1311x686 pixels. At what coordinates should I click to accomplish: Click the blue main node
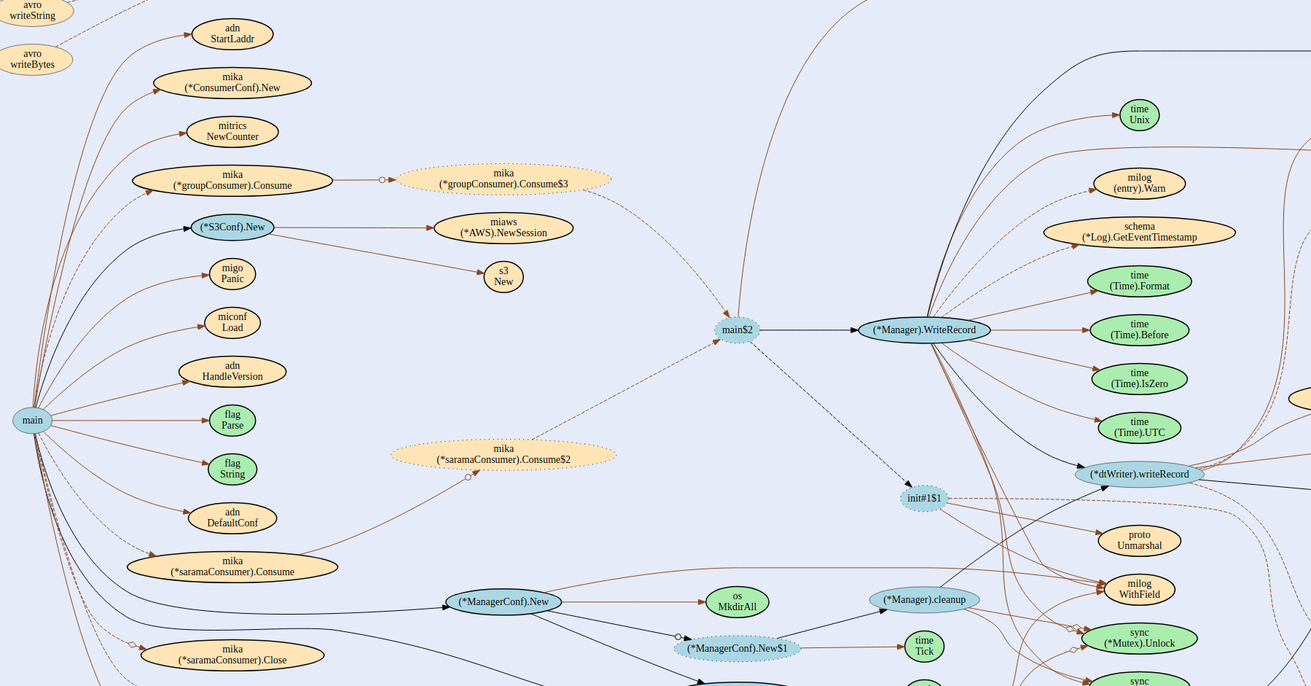[32, 420]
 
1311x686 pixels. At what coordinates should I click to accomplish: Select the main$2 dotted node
[737, 330]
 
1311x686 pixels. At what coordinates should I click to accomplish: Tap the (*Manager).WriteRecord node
[924, 330]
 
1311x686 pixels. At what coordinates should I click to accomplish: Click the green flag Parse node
[232, 421]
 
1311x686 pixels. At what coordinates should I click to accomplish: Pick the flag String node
[232, 469]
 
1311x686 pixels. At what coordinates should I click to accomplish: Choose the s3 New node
[504, 277]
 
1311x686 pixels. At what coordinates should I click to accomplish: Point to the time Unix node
[1139, 115]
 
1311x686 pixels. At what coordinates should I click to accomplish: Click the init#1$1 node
[923, 499]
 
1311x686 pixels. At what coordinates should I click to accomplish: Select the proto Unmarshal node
[1139, 540]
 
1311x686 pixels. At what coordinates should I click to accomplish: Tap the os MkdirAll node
[737, 601]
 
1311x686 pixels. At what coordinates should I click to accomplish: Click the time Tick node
[924, 646]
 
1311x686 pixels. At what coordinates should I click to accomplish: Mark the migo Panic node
[232, 274]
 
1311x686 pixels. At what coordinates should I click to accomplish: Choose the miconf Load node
[232, 322]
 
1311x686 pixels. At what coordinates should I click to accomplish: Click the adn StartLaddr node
[232, 34]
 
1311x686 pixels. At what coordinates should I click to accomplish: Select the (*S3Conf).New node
[232, 227]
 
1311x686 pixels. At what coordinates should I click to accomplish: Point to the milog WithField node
[1139, 589]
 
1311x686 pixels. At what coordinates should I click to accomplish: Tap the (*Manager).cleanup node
[924, 600]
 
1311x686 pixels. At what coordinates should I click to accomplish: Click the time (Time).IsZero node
[1139, 378]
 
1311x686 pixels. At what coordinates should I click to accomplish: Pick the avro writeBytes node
[33, 59]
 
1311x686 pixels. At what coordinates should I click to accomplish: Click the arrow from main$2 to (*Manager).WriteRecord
[809, 330]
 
